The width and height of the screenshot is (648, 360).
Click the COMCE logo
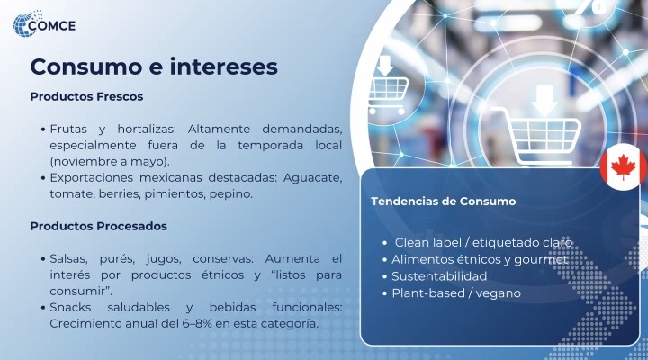44,24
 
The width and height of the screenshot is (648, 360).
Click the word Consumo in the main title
86,66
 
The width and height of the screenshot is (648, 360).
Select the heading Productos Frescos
86,96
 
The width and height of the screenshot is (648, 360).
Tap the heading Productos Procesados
99,226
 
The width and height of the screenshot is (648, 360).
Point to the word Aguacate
312,178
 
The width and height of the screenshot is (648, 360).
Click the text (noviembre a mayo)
110,162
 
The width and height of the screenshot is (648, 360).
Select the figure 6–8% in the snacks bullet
197,323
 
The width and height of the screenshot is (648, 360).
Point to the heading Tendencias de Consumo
444,202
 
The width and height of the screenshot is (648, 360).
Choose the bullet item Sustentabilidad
439,276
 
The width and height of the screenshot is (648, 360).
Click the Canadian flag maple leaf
624,167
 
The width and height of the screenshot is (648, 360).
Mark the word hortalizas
147,130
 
